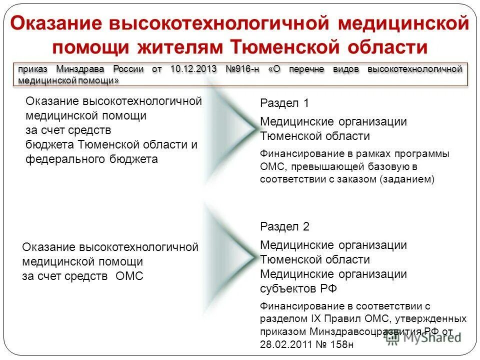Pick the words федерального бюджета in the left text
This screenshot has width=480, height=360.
tap(91, 159)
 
